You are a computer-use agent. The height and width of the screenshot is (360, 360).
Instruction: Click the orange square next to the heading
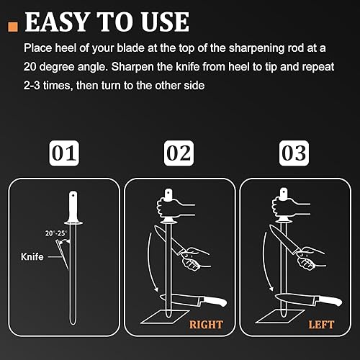(x=13, y=27)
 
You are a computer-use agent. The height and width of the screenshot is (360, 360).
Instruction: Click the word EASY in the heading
(x=56, y=22)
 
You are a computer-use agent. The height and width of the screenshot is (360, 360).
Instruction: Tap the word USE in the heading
(x=165, y=22)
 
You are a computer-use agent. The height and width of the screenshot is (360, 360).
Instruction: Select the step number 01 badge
(x=64, y=153)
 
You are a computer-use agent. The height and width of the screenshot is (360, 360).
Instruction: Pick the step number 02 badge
(x=179, y=153)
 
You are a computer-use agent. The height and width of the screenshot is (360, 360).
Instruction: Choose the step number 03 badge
(x=294, y=153)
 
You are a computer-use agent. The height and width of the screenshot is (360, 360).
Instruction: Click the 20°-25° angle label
(x=56, y=233)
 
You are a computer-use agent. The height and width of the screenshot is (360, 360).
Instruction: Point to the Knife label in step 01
(x=32, y=256)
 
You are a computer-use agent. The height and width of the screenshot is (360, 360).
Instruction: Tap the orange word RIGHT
(x=206, y=325)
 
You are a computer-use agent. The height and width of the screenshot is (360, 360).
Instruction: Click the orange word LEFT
(x=321, y=325)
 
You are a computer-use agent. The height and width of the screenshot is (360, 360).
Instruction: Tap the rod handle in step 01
(x=73, y=207)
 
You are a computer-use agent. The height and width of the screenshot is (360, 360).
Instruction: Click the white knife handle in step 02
(x=215, y=300)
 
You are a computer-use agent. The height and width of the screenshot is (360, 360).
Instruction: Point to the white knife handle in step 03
(x=330, y=300)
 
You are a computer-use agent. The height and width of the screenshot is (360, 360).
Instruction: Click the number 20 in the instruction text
(x=30, y=66)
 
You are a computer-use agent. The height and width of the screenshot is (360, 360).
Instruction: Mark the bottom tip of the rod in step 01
(x=73, y=324)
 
